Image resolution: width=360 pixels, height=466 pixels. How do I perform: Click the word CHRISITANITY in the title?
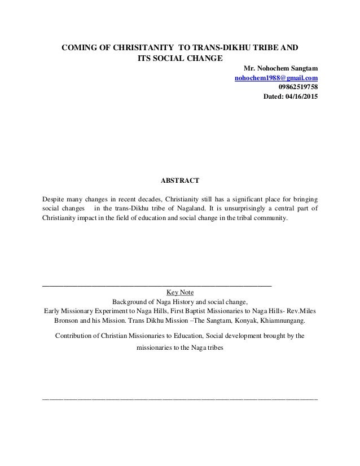point(124,47)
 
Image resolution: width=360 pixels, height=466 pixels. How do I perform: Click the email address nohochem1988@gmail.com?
point(275,77)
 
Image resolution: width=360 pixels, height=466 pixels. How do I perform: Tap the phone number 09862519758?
point(297,87)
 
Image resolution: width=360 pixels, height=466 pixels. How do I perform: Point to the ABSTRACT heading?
point(180,182)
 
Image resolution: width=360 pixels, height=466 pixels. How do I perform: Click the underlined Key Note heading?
point(180,292)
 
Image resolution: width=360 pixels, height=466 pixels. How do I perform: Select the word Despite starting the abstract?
point(55,200)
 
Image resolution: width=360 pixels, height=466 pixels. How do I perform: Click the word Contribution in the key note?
point(74,336)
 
